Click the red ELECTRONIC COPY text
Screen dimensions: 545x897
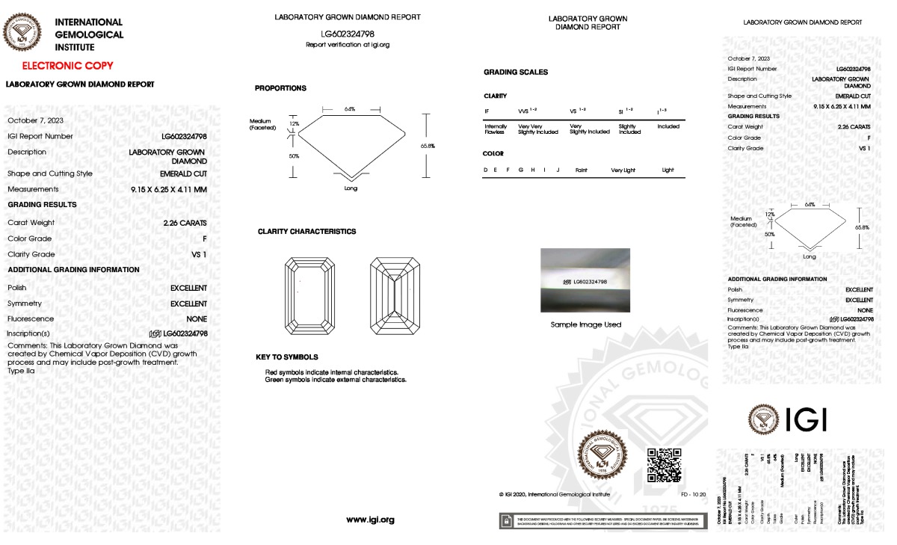tap(67, 66)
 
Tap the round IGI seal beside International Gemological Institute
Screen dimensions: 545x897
tap(25, 34)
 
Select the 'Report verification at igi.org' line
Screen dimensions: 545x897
tap(348, 45)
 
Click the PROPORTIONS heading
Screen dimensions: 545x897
tap(280, 88)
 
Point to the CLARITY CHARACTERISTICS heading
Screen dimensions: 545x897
tap(306, 232)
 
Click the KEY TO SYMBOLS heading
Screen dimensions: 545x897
tap(286, 357)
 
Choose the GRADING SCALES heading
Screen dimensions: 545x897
tap(516, 73)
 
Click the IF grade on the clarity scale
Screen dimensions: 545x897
tap(487, 111)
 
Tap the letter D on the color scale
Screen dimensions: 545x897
tap(486, 170)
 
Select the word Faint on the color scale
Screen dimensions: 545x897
tap(581, 170)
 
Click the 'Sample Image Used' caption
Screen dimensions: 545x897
tap(585, 324)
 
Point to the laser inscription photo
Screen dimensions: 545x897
tap(585, 280)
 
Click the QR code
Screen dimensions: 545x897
tap(664, 465)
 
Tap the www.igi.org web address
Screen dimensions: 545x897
tap(370, 520)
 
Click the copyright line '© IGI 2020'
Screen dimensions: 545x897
tap(554, 494)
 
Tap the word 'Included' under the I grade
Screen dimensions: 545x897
tap(668, 126)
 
